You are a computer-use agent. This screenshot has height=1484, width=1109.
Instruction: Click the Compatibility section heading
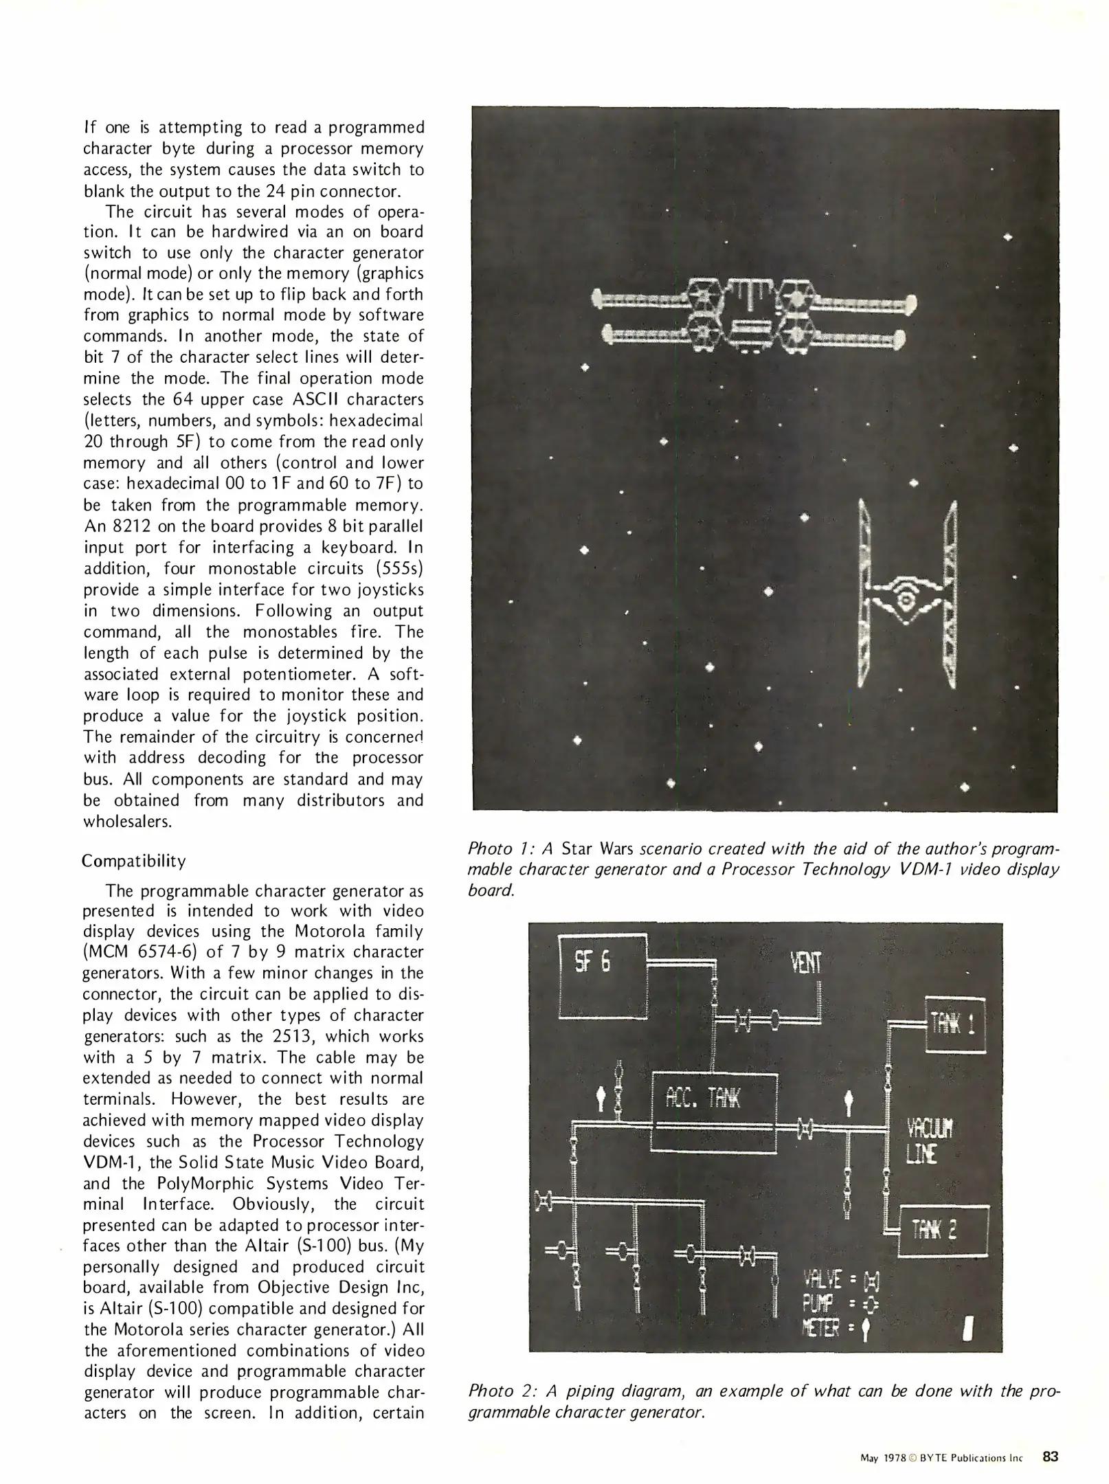[133, 861]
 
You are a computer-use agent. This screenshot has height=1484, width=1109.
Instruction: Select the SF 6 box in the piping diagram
[603, 976]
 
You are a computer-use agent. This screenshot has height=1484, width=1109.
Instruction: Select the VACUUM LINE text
[930, 1141]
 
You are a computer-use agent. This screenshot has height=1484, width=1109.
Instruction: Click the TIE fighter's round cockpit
[906, 600]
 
